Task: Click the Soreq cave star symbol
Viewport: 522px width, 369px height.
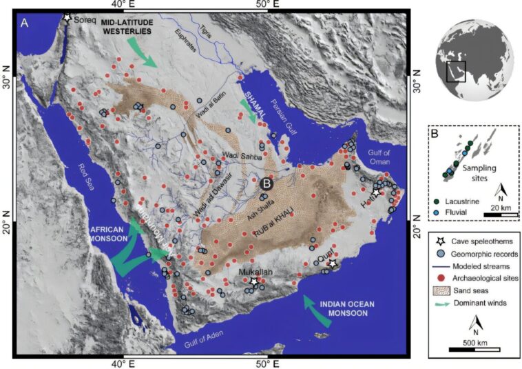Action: coord(67,17)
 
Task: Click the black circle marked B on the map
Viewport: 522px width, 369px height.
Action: coord(267,184)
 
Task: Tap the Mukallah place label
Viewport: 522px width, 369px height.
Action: coord(255,273)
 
